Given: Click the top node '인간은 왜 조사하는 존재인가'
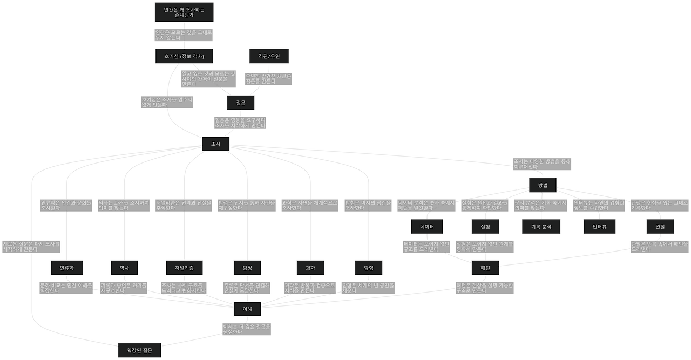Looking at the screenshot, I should [x=184, y=12].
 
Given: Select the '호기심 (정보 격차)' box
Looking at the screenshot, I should [x=184, y=56].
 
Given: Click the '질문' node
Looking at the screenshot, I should [x=241, y=102].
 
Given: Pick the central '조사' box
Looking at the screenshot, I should [x=215, y=144].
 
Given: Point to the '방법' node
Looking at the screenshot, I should [x=543, y=185].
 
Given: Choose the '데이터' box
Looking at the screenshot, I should [x=427, y=226].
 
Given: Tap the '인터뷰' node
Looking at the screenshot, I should [x=600, y=226].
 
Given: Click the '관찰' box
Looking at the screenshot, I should [x=660, y=226].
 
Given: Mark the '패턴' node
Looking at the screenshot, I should [x=484, y=267].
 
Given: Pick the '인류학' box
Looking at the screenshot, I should [x=66, y=267].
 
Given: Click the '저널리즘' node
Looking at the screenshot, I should [x=184, y=267].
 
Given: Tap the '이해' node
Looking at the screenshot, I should [x=248, y=308].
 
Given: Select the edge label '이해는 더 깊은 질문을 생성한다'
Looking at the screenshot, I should [x=247, y=329].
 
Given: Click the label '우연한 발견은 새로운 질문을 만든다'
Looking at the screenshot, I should [x=268, y=79].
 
